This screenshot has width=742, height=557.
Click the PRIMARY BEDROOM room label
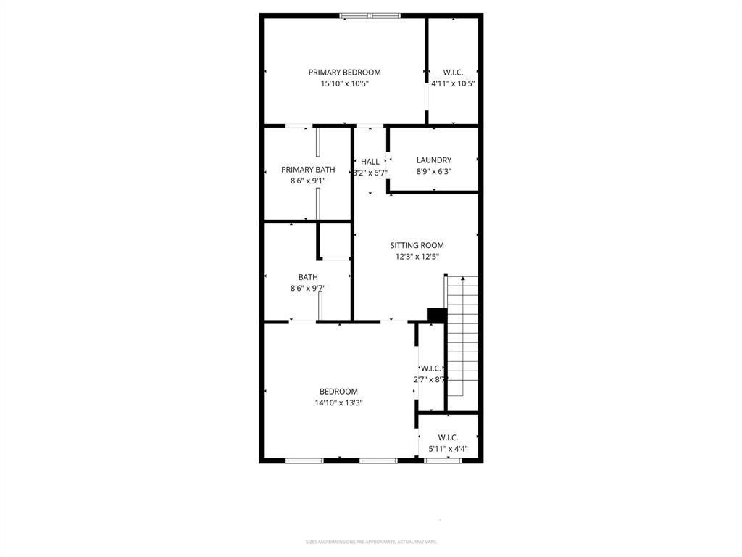tap(344, 72)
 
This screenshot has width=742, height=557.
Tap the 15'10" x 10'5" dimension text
tap(344, 83)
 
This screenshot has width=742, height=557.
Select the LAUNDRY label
tap(434, 160)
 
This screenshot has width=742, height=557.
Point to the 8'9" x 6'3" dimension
tap(434, 172)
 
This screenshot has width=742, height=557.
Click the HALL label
tap(370, 162)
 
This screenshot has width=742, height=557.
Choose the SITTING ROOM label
tap(417, 245)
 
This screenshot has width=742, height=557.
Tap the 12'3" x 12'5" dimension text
tap(417, 256)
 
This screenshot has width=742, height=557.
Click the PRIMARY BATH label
tap(308, 170)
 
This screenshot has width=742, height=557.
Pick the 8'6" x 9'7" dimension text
tap(308, 288)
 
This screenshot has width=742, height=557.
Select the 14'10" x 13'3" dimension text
tap(338, 403)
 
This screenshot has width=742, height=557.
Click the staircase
tap(462, 337)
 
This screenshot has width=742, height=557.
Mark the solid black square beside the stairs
tap(436, 315)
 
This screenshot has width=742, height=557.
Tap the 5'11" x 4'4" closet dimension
tap(448, 449)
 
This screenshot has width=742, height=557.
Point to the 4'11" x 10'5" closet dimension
tap(453, 83)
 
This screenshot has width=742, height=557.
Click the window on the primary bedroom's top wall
tap(370, 15)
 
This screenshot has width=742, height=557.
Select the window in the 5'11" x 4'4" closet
tap(443, 460)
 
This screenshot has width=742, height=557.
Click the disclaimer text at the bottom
tap(370, 542)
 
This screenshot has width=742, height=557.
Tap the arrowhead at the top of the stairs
tap(462, 278)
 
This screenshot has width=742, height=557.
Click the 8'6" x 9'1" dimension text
tap(308, 181)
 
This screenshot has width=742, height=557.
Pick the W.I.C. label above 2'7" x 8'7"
tap(431, 368)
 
